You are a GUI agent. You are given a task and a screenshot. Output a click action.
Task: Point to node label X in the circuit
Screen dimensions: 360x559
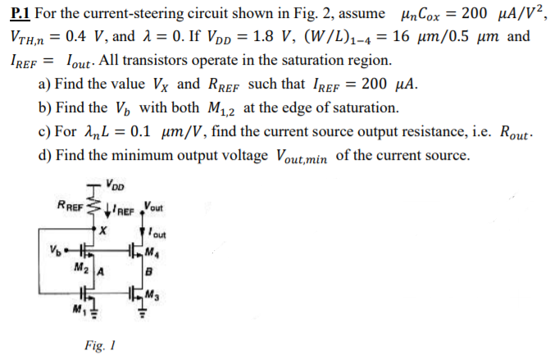pos(102,230)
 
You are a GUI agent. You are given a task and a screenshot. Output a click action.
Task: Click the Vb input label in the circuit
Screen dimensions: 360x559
pos(55,247)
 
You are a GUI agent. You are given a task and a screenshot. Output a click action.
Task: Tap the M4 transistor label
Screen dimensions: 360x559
pos(153,252)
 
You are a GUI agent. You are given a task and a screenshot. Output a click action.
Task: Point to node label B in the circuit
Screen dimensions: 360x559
pos(147,271)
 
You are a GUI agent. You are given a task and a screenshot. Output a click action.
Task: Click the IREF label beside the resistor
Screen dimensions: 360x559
pos(125,207)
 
